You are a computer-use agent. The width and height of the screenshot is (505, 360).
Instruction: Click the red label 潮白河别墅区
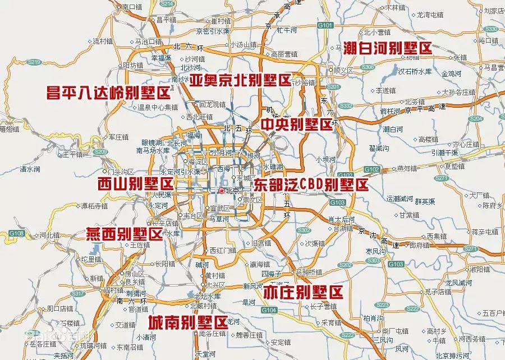click(x=388, y=48)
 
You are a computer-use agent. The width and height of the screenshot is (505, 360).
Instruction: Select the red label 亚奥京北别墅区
click(x=240, y=80)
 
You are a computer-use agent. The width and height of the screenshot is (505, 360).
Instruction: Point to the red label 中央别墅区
click(x=297, y=124)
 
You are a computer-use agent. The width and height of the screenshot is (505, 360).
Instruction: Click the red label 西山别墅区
click(x=135, y=183)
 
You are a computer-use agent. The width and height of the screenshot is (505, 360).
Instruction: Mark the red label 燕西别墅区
click(x=123, y=234)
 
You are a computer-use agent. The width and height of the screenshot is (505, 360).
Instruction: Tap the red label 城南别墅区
click(x=188, y=322)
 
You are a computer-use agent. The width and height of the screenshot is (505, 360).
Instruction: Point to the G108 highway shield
click(x=16, y=233)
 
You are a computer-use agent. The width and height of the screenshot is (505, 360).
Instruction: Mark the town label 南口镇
click(x=133, y=7)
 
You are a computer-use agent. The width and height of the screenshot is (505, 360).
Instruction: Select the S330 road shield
click(x=492, y=29)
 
